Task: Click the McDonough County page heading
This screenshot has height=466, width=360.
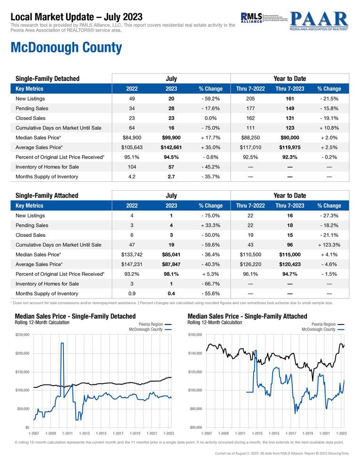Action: [x=66, y=48]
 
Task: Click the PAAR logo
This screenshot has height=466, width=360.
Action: [x=319, y=20]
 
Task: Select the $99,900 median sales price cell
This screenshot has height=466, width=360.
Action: [x=171, y=137]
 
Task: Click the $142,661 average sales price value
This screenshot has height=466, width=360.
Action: [x=171, y=147]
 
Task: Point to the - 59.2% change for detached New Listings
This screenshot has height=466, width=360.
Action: [x=210, y=98]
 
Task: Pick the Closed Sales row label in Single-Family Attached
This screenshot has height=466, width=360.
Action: [x=31, y=235]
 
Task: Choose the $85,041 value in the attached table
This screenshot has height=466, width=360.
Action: [x=171, y=255]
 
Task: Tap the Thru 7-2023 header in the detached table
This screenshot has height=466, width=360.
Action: [x=289, y=88]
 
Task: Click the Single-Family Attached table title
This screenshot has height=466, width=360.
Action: [x=47, y=195]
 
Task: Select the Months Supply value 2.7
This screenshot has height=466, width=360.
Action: [x=171, y=177]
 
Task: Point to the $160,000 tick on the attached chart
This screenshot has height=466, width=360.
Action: [x=194, y=335]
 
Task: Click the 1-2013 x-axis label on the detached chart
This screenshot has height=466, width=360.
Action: [x=85, y=433]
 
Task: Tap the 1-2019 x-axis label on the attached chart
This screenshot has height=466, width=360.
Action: [x=307, y=433]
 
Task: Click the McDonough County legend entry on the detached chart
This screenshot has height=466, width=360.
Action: [x=145, y=329]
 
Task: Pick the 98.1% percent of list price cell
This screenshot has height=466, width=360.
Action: [x=171, y=274]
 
